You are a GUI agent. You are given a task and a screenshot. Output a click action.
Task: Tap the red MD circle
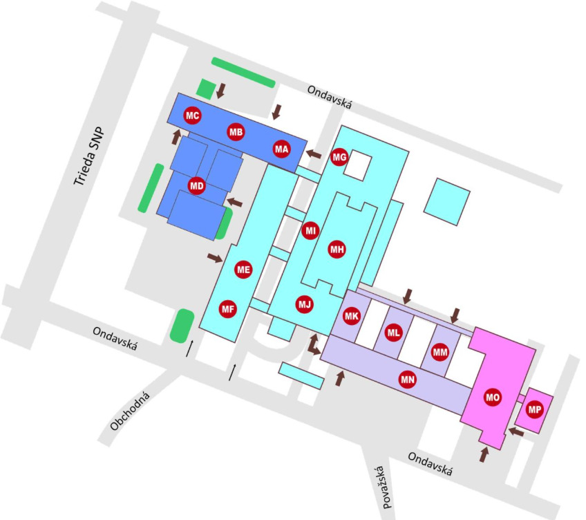tap(197, 185)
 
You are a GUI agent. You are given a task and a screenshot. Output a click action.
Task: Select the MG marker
tap(339, 157)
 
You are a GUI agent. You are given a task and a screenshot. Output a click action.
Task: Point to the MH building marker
tap(337, 250)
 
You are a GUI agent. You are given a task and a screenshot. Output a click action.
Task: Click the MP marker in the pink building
tap(534, 409)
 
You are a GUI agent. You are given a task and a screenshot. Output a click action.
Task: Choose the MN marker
tap(408, 378)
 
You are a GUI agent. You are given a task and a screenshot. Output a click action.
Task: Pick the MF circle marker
tap(228, 309)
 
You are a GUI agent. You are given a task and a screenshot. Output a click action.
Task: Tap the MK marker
tap(352, 316)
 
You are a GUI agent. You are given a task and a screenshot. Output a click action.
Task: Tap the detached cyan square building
tap(446, 201)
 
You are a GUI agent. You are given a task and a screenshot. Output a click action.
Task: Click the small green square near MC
tap(205, 89)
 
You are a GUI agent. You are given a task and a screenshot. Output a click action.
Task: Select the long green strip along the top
tap(243, 72)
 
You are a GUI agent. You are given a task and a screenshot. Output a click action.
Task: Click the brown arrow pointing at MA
tap(314, 154)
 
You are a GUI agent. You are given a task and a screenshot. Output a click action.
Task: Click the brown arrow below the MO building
tap(484, 454)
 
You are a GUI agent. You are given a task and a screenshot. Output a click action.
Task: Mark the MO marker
tap(492, 398)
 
